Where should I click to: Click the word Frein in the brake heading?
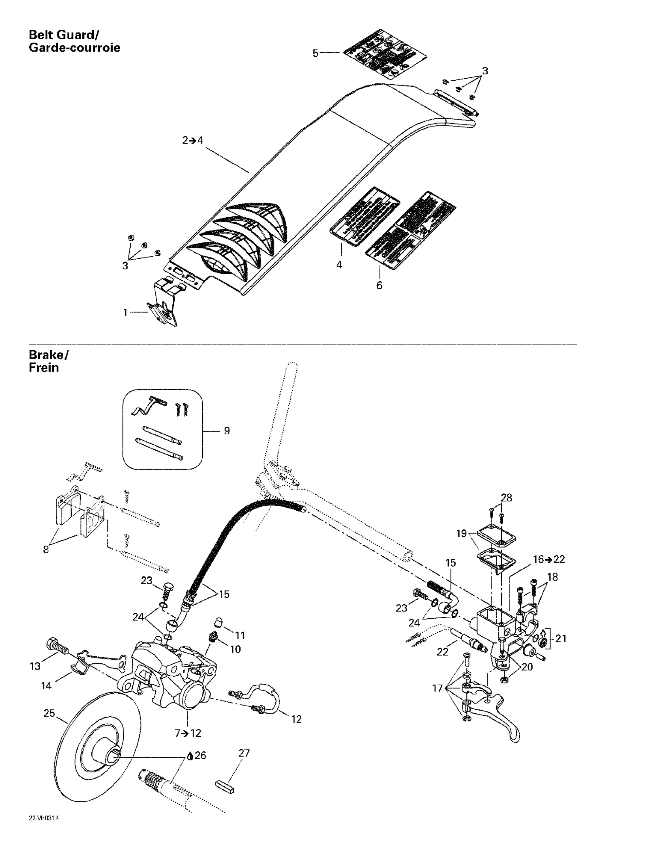click(44, 367)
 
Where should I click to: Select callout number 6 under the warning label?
click(379, 285)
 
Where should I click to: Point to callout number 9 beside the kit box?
click(227, 431)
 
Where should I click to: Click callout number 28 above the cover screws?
click(506, 498)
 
